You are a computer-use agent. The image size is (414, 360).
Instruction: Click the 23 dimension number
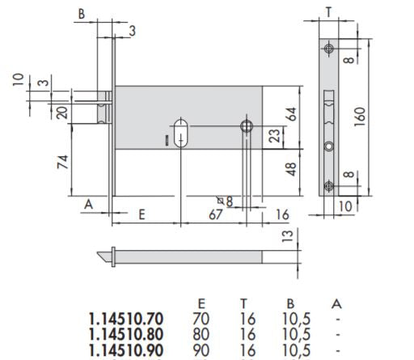[x=274, y=133]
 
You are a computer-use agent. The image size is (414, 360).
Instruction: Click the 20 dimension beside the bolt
[x=61, y=112]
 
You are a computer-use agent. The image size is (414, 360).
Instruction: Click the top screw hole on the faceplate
[x=328, y=50]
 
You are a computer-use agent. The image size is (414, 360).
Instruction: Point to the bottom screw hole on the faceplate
[x=328, y=187]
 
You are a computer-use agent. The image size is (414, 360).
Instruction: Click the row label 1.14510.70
[x=127, y=318]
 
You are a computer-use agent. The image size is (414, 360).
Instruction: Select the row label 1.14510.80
[x=127, y=333]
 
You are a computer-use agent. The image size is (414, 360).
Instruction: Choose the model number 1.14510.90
[x=127, y=349]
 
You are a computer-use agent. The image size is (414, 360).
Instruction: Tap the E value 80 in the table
[x=201, y=333]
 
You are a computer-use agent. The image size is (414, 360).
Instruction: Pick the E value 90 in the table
[x=201, y=349]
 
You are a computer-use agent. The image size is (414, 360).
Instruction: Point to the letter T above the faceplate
[x=328, y=11]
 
